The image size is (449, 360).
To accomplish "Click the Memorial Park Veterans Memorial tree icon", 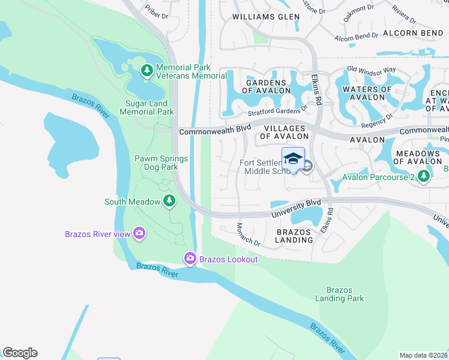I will pyautogui.click(x=146, y=71).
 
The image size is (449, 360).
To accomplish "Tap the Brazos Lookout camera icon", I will pyautogui.click(x=190, y=259).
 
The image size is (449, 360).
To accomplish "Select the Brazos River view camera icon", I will pyautogui.click(x=139, y=233).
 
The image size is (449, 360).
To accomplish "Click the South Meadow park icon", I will pyautogui.click(x=169, y=202).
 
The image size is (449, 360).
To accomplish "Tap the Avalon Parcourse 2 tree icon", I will pyautogui.click(x=424, y=176).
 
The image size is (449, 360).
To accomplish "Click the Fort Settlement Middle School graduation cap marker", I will pyautogui.click(x=293, y=160).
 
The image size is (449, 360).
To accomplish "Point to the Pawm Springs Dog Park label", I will pyautogui.click(x=160, y=163).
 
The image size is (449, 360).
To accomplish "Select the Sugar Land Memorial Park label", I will pyautogui.click(x=149, y=107).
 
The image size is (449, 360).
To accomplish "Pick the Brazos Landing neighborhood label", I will pyautogui.click(x=294, y=235).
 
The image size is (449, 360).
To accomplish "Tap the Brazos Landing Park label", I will pyautogui.click(x=339, y=294).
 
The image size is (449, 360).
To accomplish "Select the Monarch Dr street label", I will pyautogui.click(x=248, y=235).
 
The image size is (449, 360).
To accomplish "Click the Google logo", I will pyautogui.click(x=20, y=353).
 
